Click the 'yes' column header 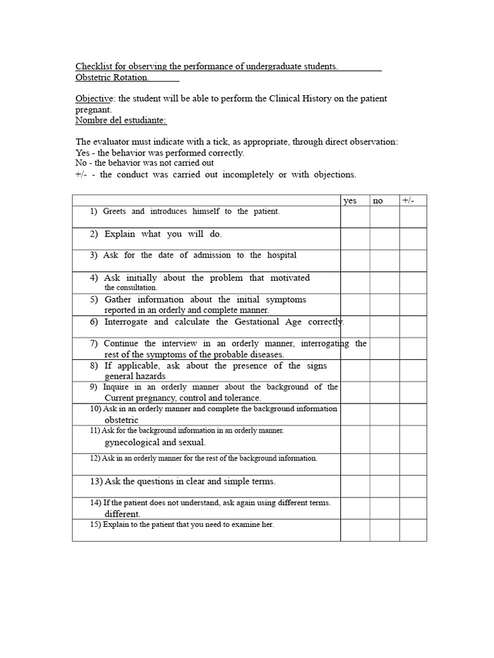click(x=350, y=201)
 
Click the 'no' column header click(x=378, y=201)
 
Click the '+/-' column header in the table click(x=408, y=200)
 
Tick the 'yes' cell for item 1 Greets click(x=355, y=217)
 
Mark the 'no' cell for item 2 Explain click(x=384, y=238)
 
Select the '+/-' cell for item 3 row click(x=413, y=260)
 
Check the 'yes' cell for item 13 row click(x=355, y=486)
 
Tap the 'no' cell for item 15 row click(x=384, y=530)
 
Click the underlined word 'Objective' click(x=95, y=99)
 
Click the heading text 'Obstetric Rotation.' click(x=113, y=78)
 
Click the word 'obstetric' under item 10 click(x=122, y=420)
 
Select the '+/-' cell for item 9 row click(x=413, y=392)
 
